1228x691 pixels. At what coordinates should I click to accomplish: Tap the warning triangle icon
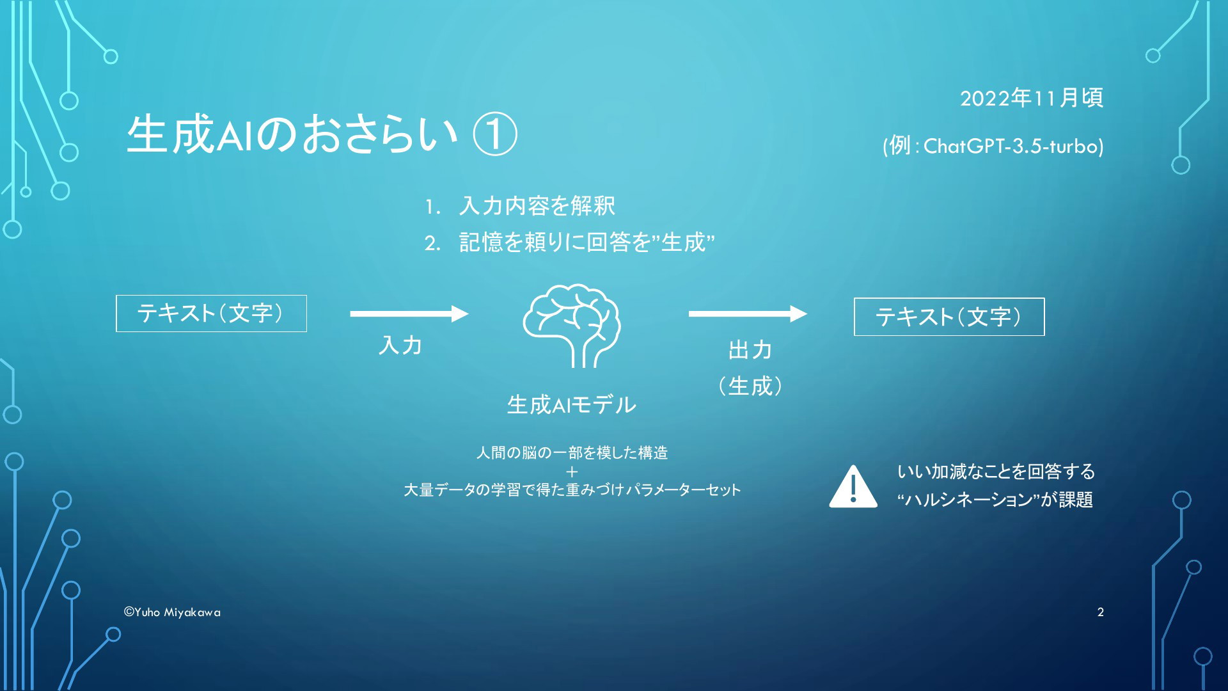coord(853,487)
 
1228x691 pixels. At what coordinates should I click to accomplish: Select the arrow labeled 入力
coord(409,314)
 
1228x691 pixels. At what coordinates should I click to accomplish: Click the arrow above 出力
coord(748,314)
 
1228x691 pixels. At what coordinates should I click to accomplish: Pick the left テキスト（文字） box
coord(211,314)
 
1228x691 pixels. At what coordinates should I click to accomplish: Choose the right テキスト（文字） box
coord(949,317)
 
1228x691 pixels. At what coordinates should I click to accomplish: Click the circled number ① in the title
coord(494,134)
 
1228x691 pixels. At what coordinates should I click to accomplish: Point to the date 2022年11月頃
coord(1031,98)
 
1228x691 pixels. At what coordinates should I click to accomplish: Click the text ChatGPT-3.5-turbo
coord(1013,147)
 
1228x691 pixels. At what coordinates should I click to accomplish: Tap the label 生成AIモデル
coord(571,404)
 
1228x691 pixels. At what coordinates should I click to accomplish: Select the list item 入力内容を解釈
coord(537,206)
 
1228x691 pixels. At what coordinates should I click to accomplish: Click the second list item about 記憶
coord(586,242)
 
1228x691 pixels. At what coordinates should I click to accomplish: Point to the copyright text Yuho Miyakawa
coord(172,612)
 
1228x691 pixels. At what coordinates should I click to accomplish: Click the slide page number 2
coord(1100,612)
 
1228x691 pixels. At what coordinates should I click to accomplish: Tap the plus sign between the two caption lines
coord(572,472)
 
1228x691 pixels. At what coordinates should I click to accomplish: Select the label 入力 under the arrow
coord(400,345)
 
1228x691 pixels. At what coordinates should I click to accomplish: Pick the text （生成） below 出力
coord(750,386)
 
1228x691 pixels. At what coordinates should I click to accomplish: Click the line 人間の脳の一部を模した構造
coord(572,453)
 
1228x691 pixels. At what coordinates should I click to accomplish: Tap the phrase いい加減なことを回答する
coord(996,472)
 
